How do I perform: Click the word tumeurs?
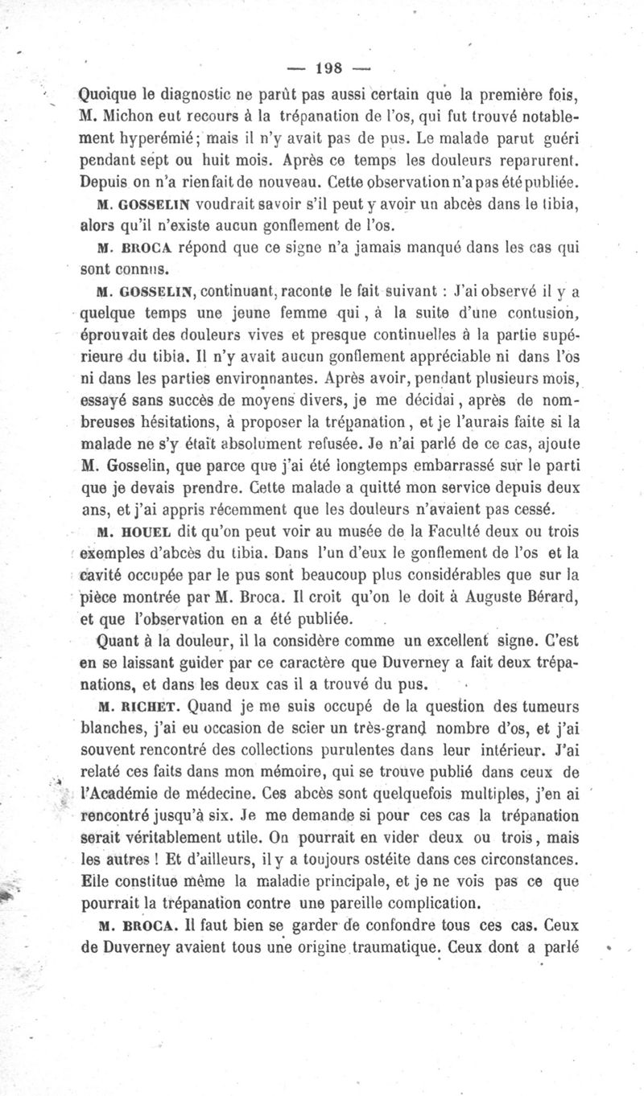pyautogui.click(x=551, y=708)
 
